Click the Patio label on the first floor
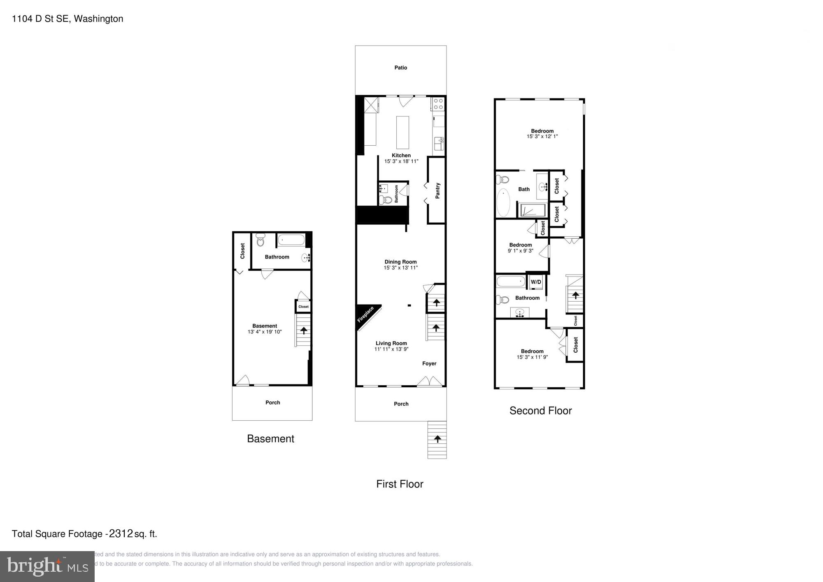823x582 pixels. (400, 68)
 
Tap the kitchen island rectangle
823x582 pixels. (402, 132)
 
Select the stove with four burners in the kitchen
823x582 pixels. (438, 104)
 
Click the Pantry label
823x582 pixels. (437, 191)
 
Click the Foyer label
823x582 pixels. (429, 363)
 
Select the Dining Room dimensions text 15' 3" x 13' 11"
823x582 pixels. (400, 268)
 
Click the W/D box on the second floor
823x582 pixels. (536, 282)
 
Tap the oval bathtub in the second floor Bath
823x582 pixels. (503, 203)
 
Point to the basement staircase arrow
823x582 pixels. (304, 330)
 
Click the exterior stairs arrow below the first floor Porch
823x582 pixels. (437, 439)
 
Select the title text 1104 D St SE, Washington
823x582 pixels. (67, 19)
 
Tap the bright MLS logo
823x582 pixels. (47, 566)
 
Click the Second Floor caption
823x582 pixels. (540, 411)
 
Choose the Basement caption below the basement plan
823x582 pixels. (270, 439)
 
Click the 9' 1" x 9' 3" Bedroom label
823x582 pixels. (520, 251)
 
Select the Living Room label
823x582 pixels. (391, 343)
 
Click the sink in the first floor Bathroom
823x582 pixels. (384, 189)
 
